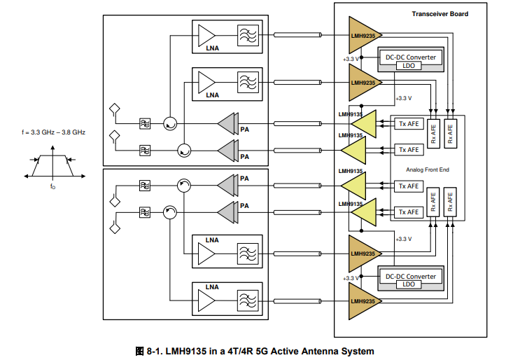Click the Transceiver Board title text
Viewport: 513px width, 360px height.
pos(440,14)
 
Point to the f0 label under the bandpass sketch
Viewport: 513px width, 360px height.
pos(52,187)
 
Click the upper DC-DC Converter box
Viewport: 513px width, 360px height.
pos(411,57)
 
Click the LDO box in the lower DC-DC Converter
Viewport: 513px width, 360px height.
pos(409,284)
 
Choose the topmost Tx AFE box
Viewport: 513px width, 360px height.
pos(409,123)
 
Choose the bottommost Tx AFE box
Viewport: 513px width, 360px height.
pos(409,212)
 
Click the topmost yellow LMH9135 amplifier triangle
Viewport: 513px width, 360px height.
pos(359,123)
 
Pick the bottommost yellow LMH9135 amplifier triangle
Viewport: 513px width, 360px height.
pos(359,213)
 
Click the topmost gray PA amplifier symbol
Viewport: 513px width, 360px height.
pos(227,123)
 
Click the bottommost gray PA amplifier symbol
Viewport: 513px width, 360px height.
pos(227,211)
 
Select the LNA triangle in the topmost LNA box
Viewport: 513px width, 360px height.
pos(206,36)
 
